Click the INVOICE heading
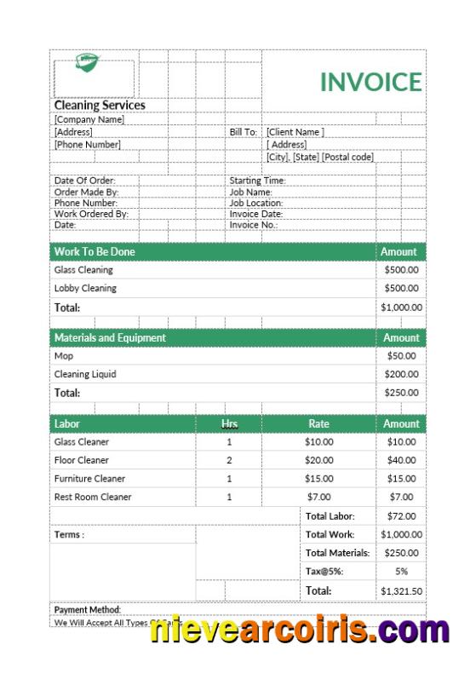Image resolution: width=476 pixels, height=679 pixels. (370, 82)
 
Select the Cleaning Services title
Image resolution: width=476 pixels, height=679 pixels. (100, 106)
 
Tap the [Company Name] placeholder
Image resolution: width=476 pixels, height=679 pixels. (89, 120)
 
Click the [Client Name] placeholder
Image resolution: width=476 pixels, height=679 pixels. (295, 132)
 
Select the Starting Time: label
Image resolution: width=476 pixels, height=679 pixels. (257, 181)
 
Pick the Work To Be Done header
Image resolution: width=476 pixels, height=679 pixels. (95, 252)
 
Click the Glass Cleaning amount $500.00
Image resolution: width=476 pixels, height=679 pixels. (401, 270)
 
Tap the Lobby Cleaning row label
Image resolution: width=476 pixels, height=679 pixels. (85, 288)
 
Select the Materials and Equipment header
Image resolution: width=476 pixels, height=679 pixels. (110, 338)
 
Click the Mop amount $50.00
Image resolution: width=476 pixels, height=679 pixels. (401, 356)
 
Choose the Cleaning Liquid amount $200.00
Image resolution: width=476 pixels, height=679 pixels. (401, 374)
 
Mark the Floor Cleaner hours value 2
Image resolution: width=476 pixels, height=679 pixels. (229, 460)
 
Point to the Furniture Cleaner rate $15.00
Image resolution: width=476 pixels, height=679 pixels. (318, 479)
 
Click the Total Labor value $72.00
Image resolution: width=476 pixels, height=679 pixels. (401, 516)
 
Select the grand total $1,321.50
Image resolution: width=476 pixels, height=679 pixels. (401, 590)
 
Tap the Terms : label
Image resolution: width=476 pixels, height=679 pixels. (69, 535)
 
